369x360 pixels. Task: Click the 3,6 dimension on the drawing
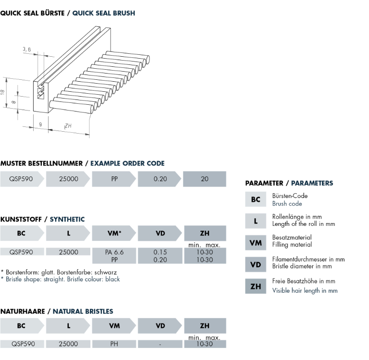26,49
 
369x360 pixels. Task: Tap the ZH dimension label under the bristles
68,126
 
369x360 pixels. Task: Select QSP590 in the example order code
21,179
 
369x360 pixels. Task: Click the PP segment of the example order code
114,179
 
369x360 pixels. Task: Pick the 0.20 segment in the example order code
160,179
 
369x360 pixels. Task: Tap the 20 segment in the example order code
205,179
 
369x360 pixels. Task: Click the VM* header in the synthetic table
114,234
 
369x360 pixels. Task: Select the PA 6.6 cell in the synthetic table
114,252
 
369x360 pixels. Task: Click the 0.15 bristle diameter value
160,252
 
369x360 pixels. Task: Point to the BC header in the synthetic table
21,234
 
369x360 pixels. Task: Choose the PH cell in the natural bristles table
114,344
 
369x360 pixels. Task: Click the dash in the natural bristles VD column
160,344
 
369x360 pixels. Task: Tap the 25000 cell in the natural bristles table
68,344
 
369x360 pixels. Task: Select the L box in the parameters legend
256,221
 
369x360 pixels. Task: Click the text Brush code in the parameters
287,204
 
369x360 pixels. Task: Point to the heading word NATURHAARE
23,311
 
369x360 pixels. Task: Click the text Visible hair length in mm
305,290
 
